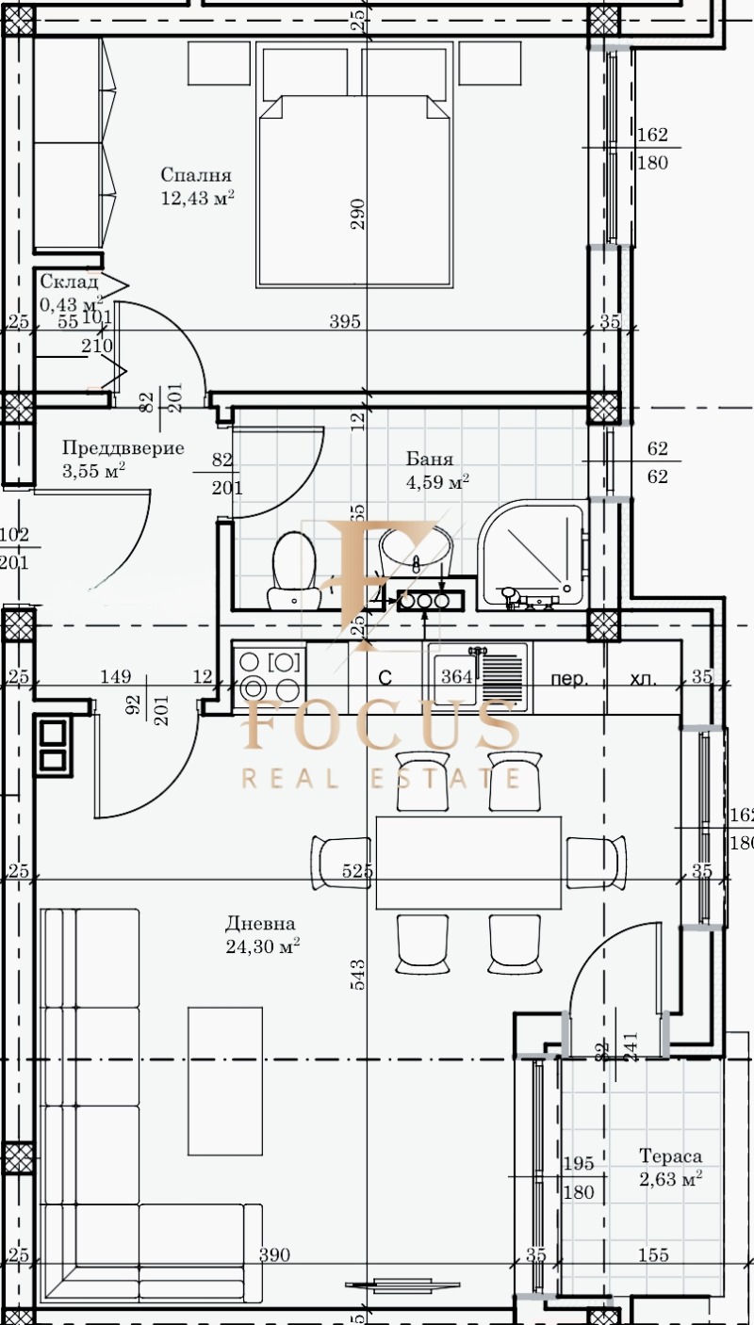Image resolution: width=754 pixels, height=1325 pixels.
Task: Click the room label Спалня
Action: pyautogui.click(x=195, y=175)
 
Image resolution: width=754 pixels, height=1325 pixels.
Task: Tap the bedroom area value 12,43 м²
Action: pyautogui.click(x=197, y=198)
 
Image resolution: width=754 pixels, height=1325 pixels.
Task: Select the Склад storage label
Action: pyautogui.click(x=69, y=282)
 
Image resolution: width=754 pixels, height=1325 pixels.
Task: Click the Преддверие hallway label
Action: pyautogui.click(x=123, y=448)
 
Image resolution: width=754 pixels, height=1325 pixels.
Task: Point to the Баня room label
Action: pyautogui.click(x=430, y=460)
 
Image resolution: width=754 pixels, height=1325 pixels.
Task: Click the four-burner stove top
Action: pyautogui.click(x=269, y=676)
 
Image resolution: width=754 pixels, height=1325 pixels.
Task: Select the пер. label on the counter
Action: pyautogui.click(x=571, y=677)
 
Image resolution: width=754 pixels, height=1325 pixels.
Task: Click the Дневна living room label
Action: pyautogui.click(x=260, y=924)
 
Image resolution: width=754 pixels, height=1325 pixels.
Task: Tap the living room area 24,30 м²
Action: pyautogui.click(x=263, y=946)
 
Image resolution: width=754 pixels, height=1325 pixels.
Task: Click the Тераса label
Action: pyautogui.click(x=670, y=1156)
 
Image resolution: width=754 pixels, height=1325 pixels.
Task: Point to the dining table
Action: pyautogui.click(x=468, y=862)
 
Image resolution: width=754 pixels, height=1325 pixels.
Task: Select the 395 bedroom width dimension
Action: pyautogui.click(x=345, y=322)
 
